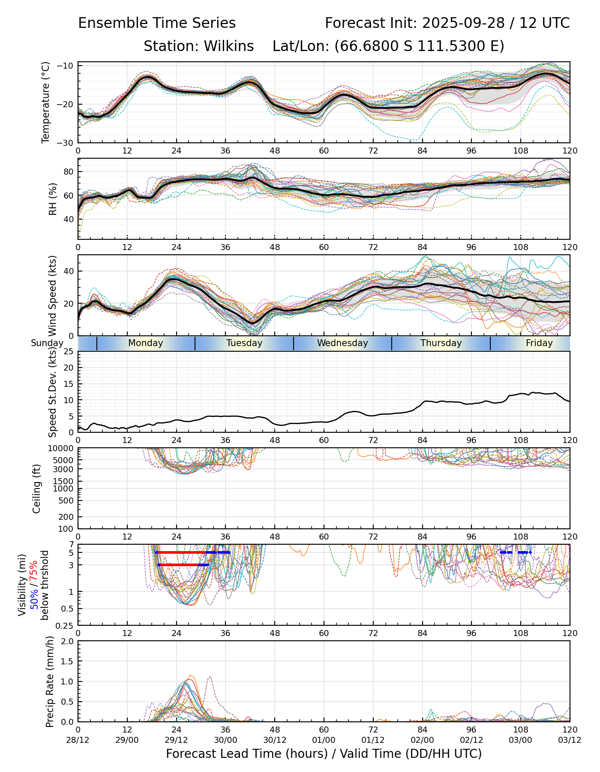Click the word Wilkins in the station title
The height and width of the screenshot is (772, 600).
228,46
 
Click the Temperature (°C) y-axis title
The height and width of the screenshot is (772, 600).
46,102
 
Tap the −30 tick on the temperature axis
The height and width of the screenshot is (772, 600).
67,143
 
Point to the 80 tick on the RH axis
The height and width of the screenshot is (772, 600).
69,172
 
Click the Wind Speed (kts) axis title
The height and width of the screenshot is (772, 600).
53,296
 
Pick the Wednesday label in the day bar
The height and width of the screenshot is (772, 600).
342,343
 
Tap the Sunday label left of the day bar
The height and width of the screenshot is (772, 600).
47,343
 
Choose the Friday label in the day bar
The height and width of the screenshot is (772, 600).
539,343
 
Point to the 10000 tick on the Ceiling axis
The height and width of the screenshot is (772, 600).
62,449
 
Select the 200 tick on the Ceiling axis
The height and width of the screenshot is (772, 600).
67,517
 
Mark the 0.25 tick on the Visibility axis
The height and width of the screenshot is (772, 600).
65,625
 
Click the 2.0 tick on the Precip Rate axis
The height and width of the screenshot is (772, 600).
68,642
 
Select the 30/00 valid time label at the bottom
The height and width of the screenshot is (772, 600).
225,740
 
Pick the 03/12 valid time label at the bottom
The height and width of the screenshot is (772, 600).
570,740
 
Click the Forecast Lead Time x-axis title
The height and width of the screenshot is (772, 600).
324,754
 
